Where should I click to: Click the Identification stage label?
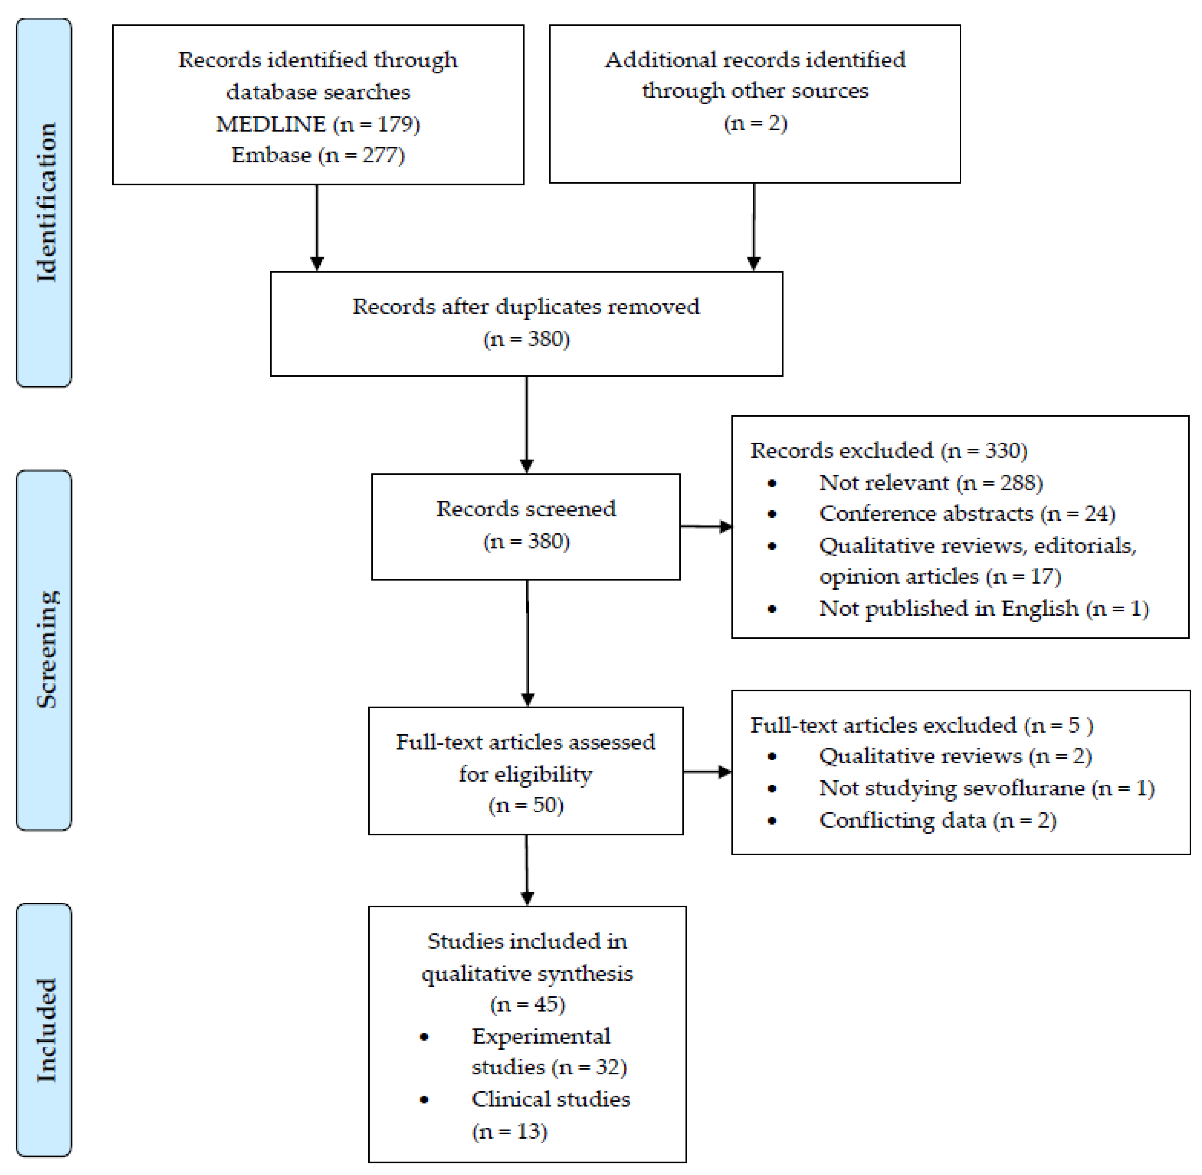(46, 202)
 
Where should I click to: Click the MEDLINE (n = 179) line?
(318, 124)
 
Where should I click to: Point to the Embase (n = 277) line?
(318, 155)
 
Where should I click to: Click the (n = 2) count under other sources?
(755, 123)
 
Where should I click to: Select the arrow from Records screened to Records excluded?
(706, 526)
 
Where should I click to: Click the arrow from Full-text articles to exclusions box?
(707, 772)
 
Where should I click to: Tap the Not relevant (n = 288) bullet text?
(931, 483)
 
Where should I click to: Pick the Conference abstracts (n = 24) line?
(967, 513)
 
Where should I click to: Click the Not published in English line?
(984, 608)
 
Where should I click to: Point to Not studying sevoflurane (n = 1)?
(987, 788)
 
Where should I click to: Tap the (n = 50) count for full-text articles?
(526, 805)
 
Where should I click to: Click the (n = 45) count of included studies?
(527, 1004)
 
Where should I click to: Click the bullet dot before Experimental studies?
(424, 1037)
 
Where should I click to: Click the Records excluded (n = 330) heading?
(889, 451)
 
